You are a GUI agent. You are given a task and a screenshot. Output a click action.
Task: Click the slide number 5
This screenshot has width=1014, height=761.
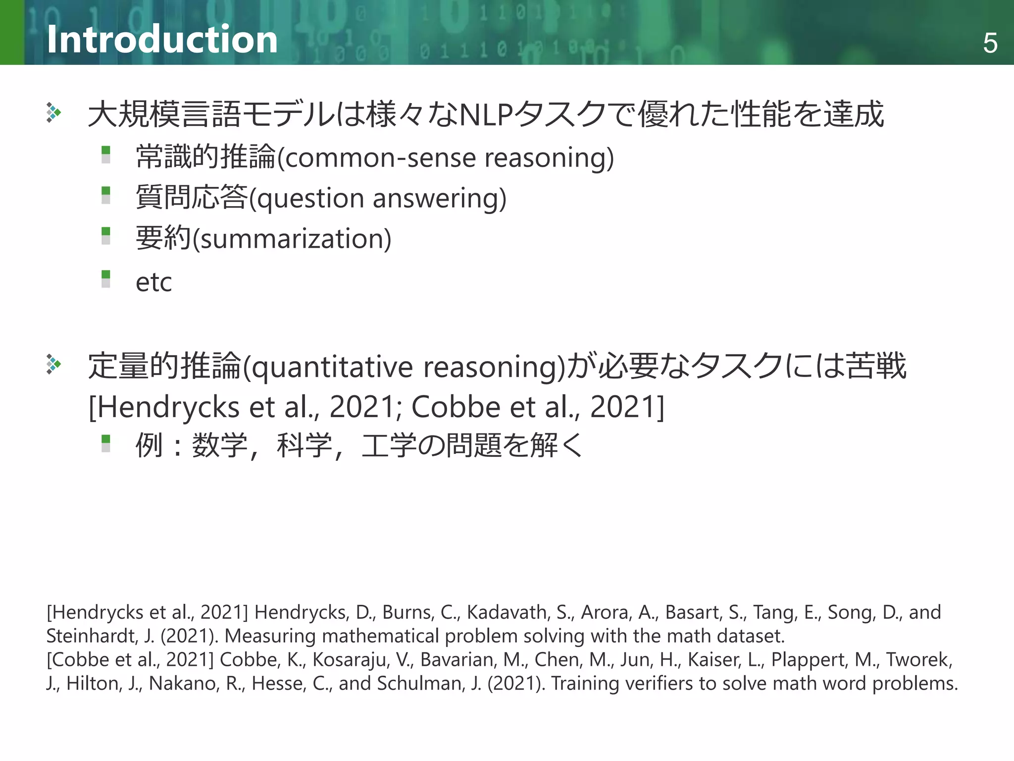990,43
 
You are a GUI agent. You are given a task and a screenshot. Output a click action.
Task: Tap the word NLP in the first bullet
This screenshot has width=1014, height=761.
486,114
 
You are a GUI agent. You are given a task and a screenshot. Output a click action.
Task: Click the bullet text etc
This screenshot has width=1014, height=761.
153,282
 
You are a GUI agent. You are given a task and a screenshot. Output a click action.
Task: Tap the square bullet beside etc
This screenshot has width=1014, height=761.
105,278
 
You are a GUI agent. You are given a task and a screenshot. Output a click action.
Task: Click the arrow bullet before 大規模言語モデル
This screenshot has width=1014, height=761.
53,112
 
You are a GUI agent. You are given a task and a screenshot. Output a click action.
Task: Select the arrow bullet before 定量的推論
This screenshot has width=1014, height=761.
53,364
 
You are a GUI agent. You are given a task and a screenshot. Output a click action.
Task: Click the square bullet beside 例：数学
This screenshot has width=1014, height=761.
105,443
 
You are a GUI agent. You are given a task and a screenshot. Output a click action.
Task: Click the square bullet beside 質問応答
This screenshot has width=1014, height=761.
105,195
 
